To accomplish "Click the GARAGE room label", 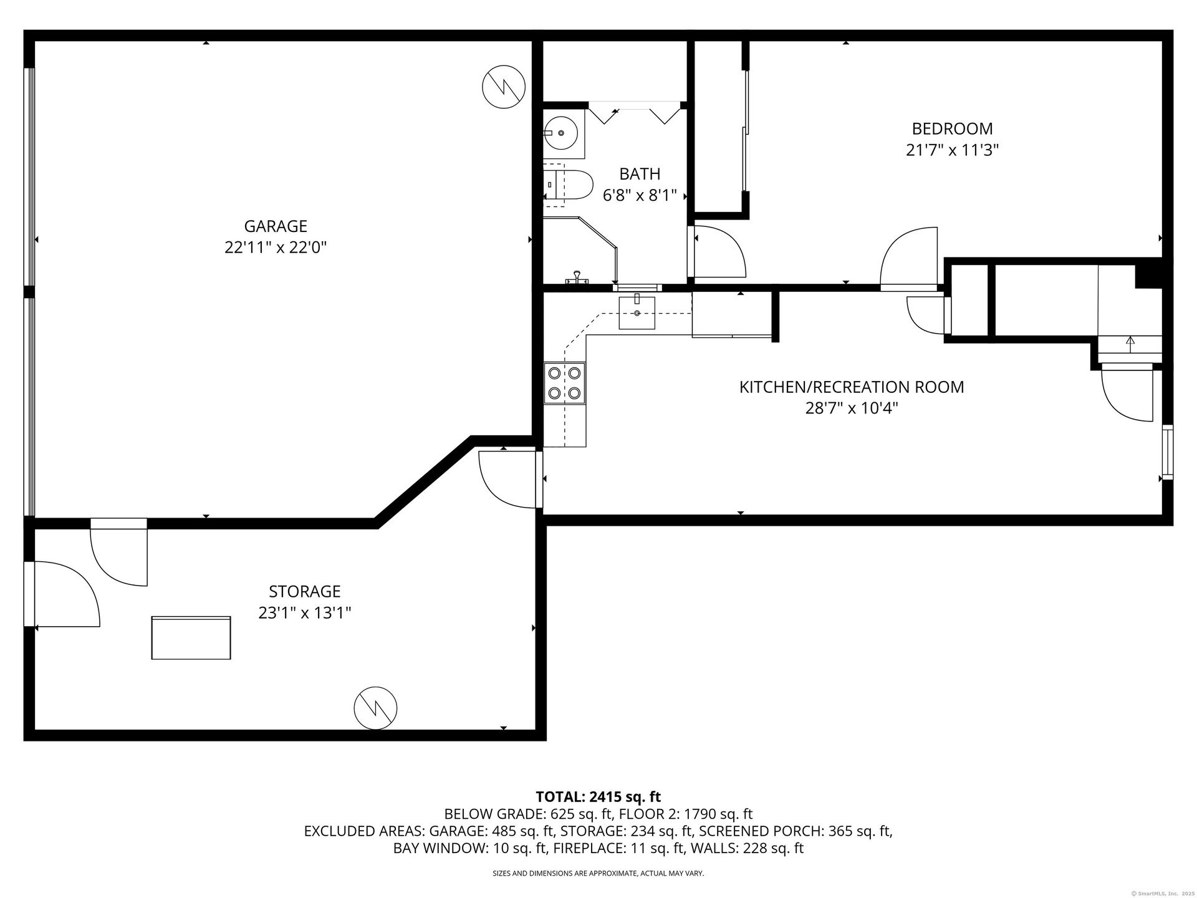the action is tap(276, 226).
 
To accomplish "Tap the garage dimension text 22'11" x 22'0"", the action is tap(276, 248).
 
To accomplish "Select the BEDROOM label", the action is tap(952, 128).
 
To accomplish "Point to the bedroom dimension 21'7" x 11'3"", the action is tap(952, 150).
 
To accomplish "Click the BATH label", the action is tap(640, 173).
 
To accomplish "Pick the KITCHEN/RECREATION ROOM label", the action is tap(852, 387).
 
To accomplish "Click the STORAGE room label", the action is tap(305, 591).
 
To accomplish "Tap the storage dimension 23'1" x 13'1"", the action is tap(305, 613).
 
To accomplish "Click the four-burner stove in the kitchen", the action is tap(564, 383).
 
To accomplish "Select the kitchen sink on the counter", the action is tap(637, 312).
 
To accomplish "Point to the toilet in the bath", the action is tap(567, 185).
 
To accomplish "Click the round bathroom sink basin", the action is tap(560, 133).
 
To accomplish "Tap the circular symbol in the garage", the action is tap(504, 87).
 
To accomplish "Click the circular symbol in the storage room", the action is tap(375, 708).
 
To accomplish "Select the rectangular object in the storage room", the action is tap(191, 637).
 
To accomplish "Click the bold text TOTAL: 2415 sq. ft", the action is tap(598, 796).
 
